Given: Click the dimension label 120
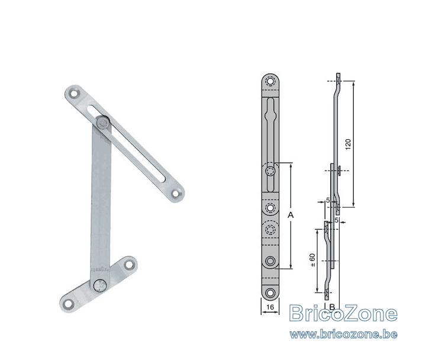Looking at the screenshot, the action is pyautogui.click(x=348, y=144).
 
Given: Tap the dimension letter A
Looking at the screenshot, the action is pyautogui.click(x=291, y=215).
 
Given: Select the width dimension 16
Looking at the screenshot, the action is pyautogui.click(x=270, y=307).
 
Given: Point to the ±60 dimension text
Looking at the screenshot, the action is pyautogui.click(x=312, y=260).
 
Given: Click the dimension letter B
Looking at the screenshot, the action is pyautogui.click(x=332, y=307).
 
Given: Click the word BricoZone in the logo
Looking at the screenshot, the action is pyautogui.click(x=343, y=313).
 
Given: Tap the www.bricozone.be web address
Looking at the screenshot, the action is pyautogui.click(x=343, y=335).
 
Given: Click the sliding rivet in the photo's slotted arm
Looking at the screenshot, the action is pyautogui.click(x=103, y=123).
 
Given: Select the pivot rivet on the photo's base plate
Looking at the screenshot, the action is pyautogui.click(x=99, y=286).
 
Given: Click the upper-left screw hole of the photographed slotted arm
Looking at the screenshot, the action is pyautogui.click(x=73, y=94).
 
